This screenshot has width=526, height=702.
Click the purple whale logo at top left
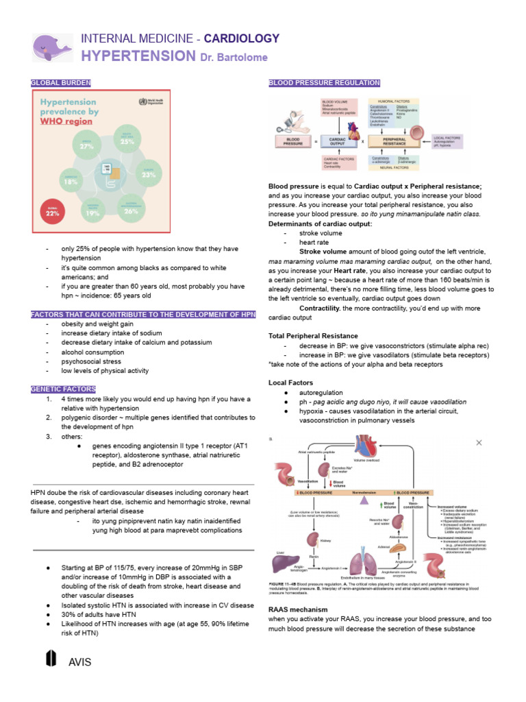click(52, 47)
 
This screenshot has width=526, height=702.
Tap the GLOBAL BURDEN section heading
click(61, 82)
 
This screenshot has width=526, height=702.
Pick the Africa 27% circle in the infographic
click(87, 144)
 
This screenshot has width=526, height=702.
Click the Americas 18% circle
click(71, 181)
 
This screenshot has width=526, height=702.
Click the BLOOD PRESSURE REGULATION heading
click(324, 82)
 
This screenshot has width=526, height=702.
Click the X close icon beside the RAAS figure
click(479, 443)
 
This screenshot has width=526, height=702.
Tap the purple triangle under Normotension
click(364, 504)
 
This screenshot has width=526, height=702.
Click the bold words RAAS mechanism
click(298, 609)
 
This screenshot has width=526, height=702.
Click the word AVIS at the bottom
click(80, 662)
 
